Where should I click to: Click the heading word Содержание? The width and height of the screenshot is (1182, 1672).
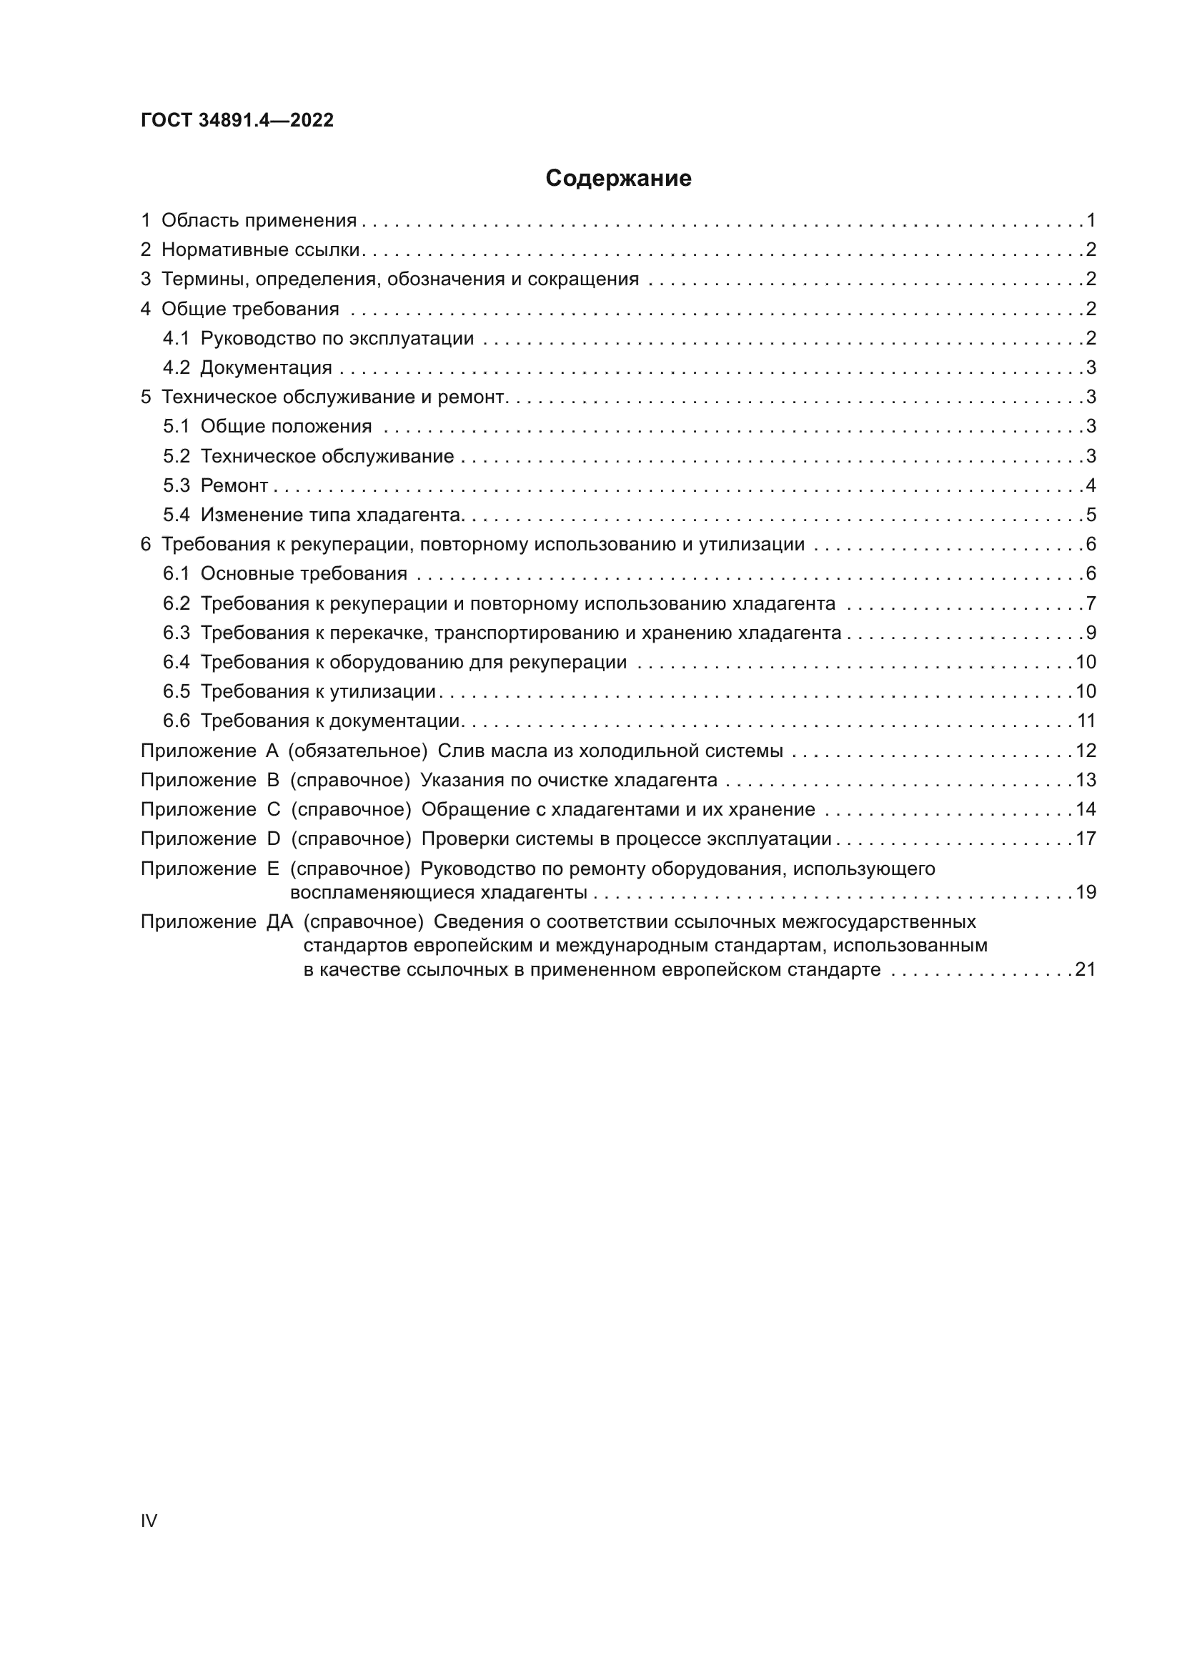point(618,179)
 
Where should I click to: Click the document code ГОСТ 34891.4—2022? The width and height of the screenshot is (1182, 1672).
point(237,120)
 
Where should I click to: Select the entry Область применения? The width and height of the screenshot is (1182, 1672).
point(259,220)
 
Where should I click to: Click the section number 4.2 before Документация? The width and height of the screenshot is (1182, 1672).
point(176,367)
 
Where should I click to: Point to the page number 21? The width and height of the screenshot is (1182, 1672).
point(1086,969)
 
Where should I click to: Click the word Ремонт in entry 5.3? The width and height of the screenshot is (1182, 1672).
point(234,485)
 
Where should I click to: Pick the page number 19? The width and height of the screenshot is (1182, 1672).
point(1086,892)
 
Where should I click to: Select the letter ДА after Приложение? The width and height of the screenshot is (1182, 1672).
point(279,922)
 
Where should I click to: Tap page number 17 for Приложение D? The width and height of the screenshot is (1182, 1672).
point(1086,839)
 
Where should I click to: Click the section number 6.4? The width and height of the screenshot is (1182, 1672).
point(176,662)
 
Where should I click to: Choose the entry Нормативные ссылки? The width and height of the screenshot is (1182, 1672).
point(261,249)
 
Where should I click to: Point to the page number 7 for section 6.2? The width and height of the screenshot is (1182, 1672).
point(1091,603)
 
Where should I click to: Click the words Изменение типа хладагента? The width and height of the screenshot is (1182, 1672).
point(332,515)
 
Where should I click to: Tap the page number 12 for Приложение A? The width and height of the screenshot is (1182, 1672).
point(1086,750)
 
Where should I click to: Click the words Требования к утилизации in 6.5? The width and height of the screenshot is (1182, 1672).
point(318,691)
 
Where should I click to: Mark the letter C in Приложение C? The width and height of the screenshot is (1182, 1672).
point(274,809)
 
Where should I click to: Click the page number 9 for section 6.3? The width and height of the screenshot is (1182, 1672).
point(1091,633)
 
